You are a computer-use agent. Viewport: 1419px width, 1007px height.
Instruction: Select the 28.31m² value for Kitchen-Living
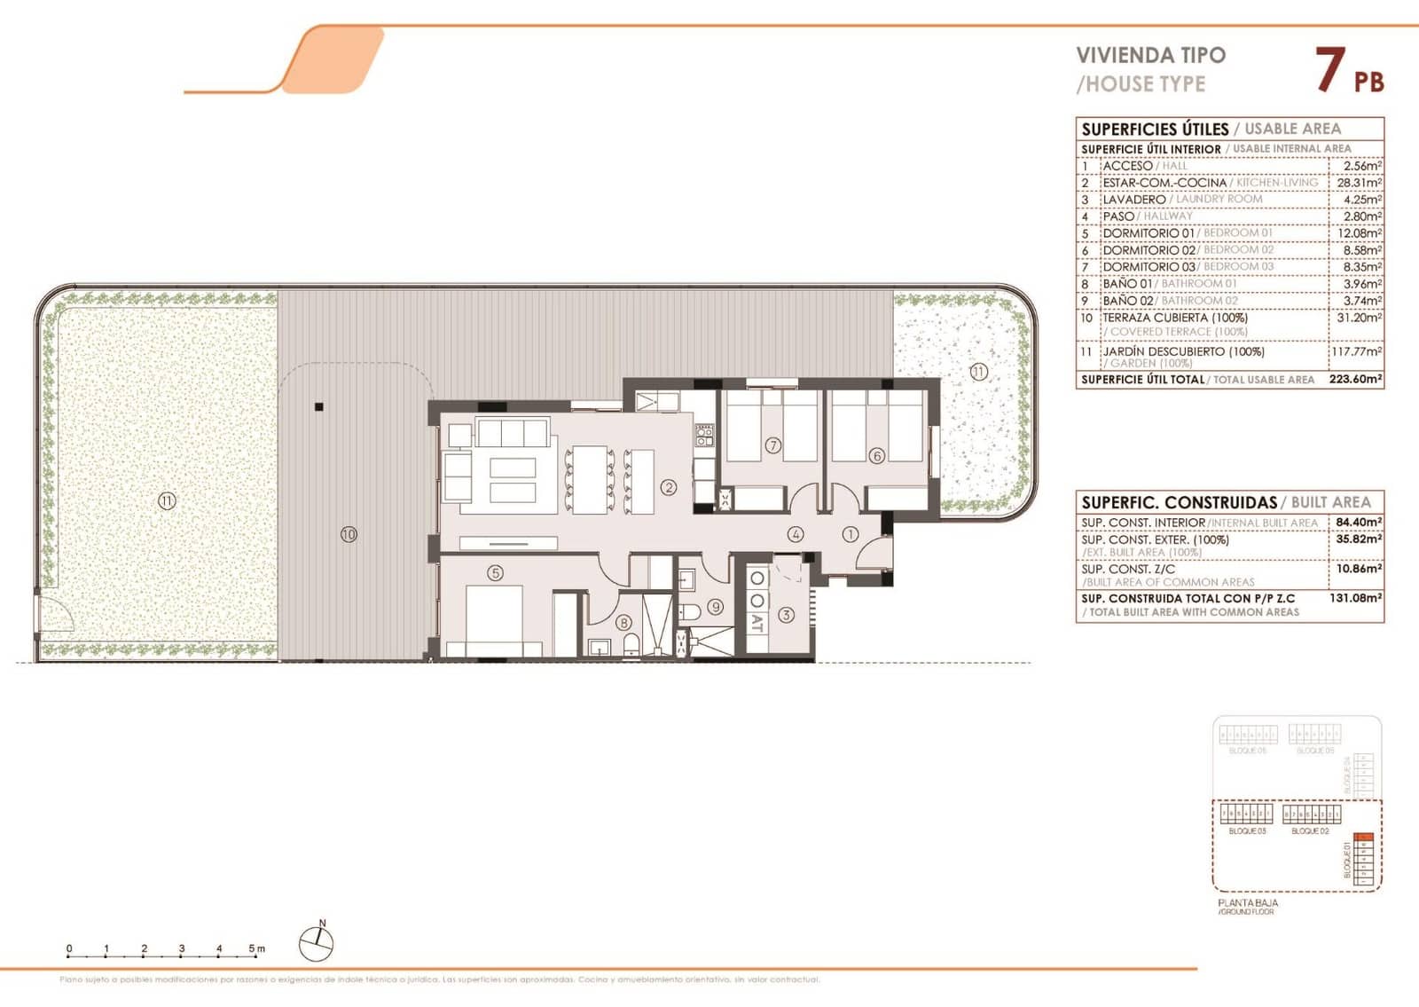pos(1360,183)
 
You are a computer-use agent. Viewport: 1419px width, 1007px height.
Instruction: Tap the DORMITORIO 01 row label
pos(1149,233)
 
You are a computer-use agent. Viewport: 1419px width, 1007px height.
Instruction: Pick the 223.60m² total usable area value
pos(1356,379)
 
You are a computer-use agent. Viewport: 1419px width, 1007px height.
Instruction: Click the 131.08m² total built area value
pos(1356,598)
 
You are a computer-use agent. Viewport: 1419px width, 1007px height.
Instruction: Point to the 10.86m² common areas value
pos(1359,569)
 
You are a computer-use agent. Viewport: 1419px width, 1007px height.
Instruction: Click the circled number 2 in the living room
pos(669,487)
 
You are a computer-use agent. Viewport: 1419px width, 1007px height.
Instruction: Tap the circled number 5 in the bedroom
pos(495,573)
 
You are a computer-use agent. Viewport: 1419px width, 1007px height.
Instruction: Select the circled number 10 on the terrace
pos(349,534)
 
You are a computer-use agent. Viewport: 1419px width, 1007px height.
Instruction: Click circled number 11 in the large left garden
pos(167,501)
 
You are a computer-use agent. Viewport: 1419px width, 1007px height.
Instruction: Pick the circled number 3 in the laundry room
pos(786,614)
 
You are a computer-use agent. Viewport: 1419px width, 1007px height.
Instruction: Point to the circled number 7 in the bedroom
pos(773,445)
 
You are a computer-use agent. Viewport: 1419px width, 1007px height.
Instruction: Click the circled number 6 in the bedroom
pos(876,456)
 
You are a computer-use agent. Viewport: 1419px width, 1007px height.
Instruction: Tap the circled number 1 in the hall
pos(850,534)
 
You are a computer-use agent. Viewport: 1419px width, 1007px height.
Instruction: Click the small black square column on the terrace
pos(319,407)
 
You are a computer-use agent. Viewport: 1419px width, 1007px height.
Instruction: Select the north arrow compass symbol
pos(316,943)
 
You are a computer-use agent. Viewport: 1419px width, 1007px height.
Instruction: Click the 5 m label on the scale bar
pos(256,948)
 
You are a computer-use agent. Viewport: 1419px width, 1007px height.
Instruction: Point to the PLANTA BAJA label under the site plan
pos(1247,902)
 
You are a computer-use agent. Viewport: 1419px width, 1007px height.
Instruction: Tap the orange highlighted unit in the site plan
pos(1365,837)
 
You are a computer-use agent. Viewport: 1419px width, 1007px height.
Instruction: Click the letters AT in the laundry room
pos(757,623)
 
